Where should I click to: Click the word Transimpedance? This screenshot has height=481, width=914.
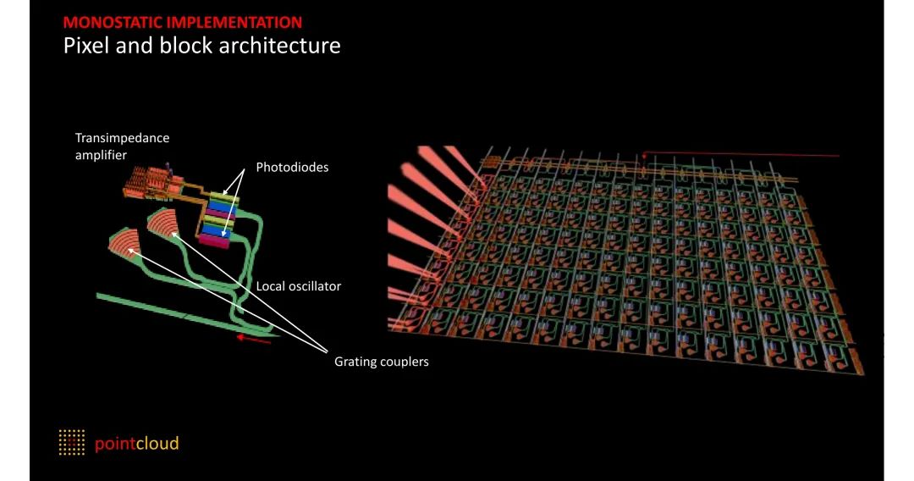click(122, 137)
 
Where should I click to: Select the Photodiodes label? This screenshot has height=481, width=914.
click(292, 168)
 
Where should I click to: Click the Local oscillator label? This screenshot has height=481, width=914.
click(298, 286)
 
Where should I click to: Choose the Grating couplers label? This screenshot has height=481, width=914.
click(381, 362)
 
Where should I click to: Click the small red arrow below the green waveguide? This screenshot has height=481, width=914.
click(253, 339)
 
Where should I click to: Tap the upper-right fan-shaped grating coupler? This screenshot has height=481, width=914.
click(162, 223)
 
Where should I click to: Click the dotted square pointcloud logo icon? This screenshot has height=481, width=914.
click(72, 442)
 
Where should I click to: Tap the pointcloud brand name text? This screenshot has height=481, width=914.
click(136, 443)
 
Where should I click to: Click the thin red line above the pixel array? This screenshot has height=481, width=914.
click(745, 156)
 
